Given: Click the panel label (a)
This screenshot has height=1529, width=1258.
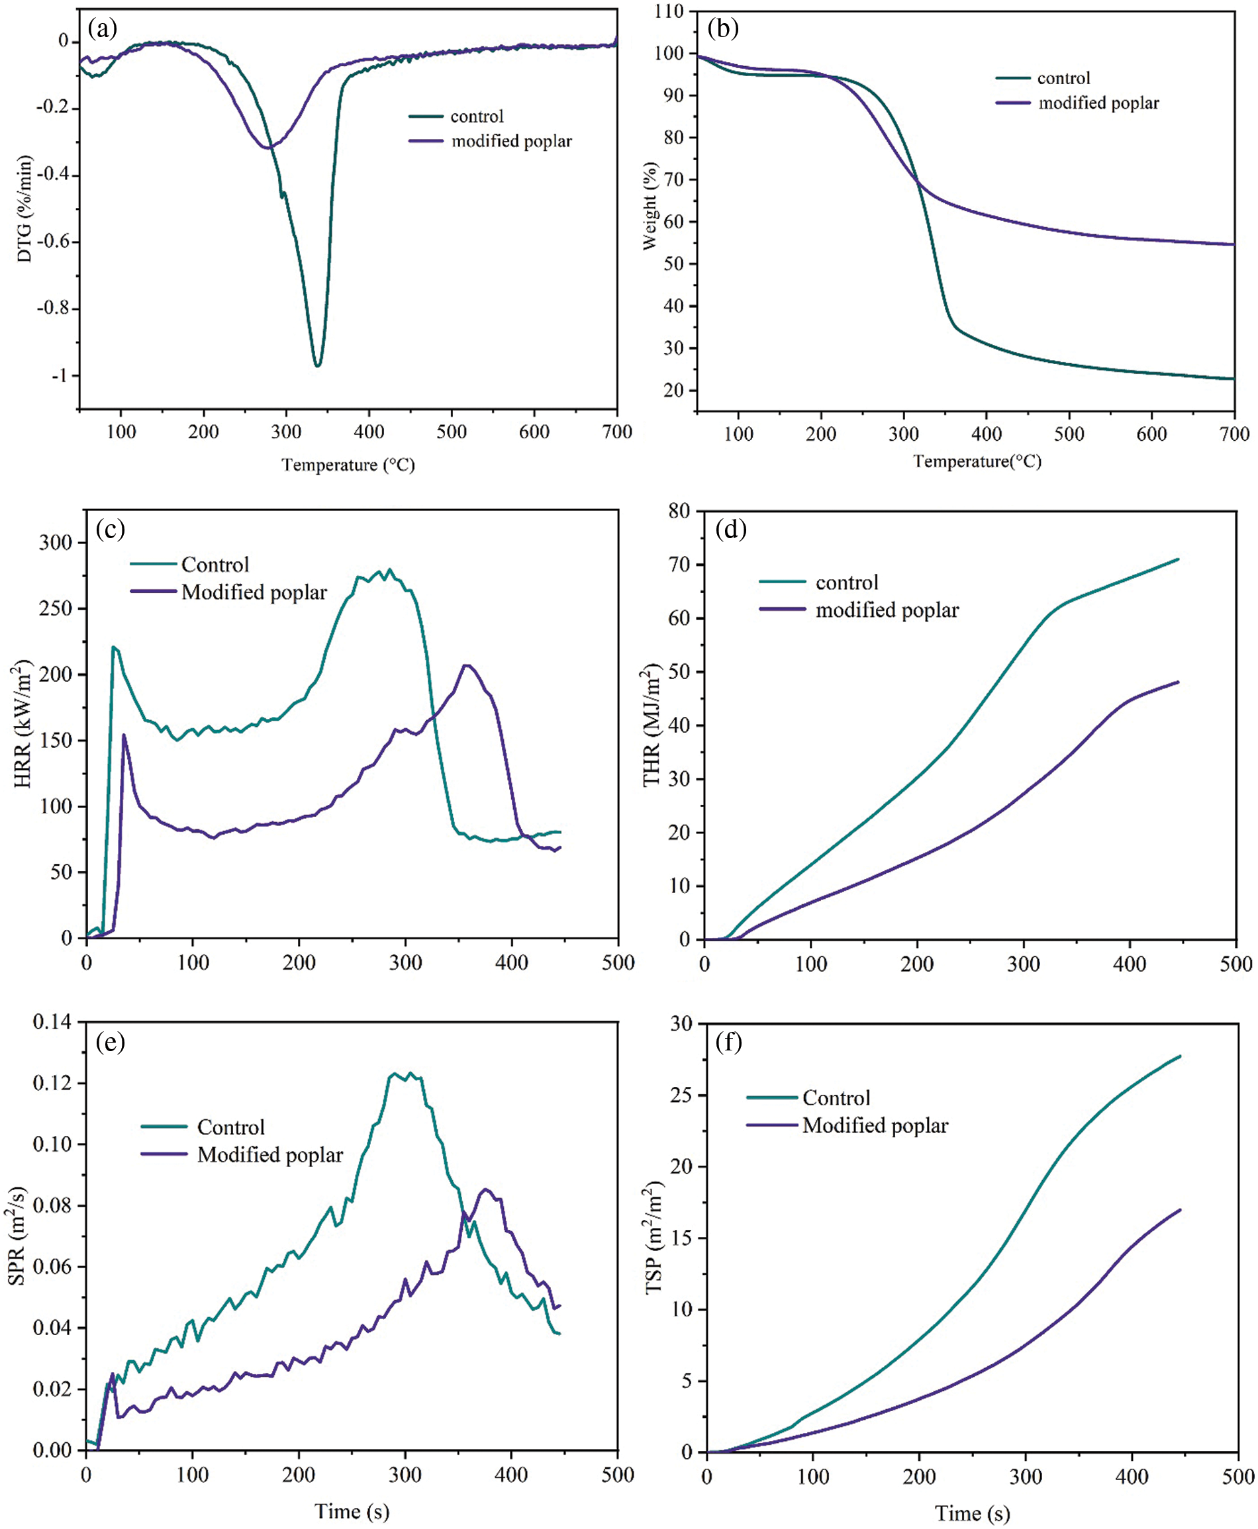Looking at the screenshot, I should [x=102, y=29].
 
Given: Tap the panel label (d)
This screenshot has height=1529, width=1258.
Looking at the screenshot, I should [x=730, y=530].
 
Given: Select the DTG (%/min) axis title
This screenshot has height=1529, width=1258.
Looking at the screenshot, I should [x=24, y=208].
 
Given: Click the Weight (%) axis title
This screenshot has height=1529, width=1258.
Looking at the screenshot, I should [x=650, y=206].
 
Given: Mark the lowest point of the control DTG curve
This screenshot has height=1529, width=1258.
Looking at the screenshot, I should [x=317, y=366].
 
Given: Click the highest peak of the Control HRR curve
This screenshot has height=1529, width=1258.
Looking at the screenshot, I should [x=390, y=569].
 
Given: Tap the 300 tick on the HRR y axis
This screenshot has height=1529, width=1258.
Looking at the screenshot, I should [x=56, y=543].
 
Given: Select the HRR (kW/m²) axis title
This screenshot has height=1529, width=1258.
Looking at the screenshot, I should [x=23, y=723].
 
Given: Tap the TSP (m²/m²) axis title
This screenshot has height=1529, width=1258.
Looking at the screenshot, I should [x=653, y=1237].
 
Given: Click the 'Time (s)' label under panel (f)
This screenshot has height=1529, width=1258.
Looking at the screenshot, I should [x=972, y=1513].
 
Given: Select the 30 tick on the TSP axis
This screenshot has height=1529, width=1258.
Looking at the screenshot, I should [x=681, y=1023].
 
